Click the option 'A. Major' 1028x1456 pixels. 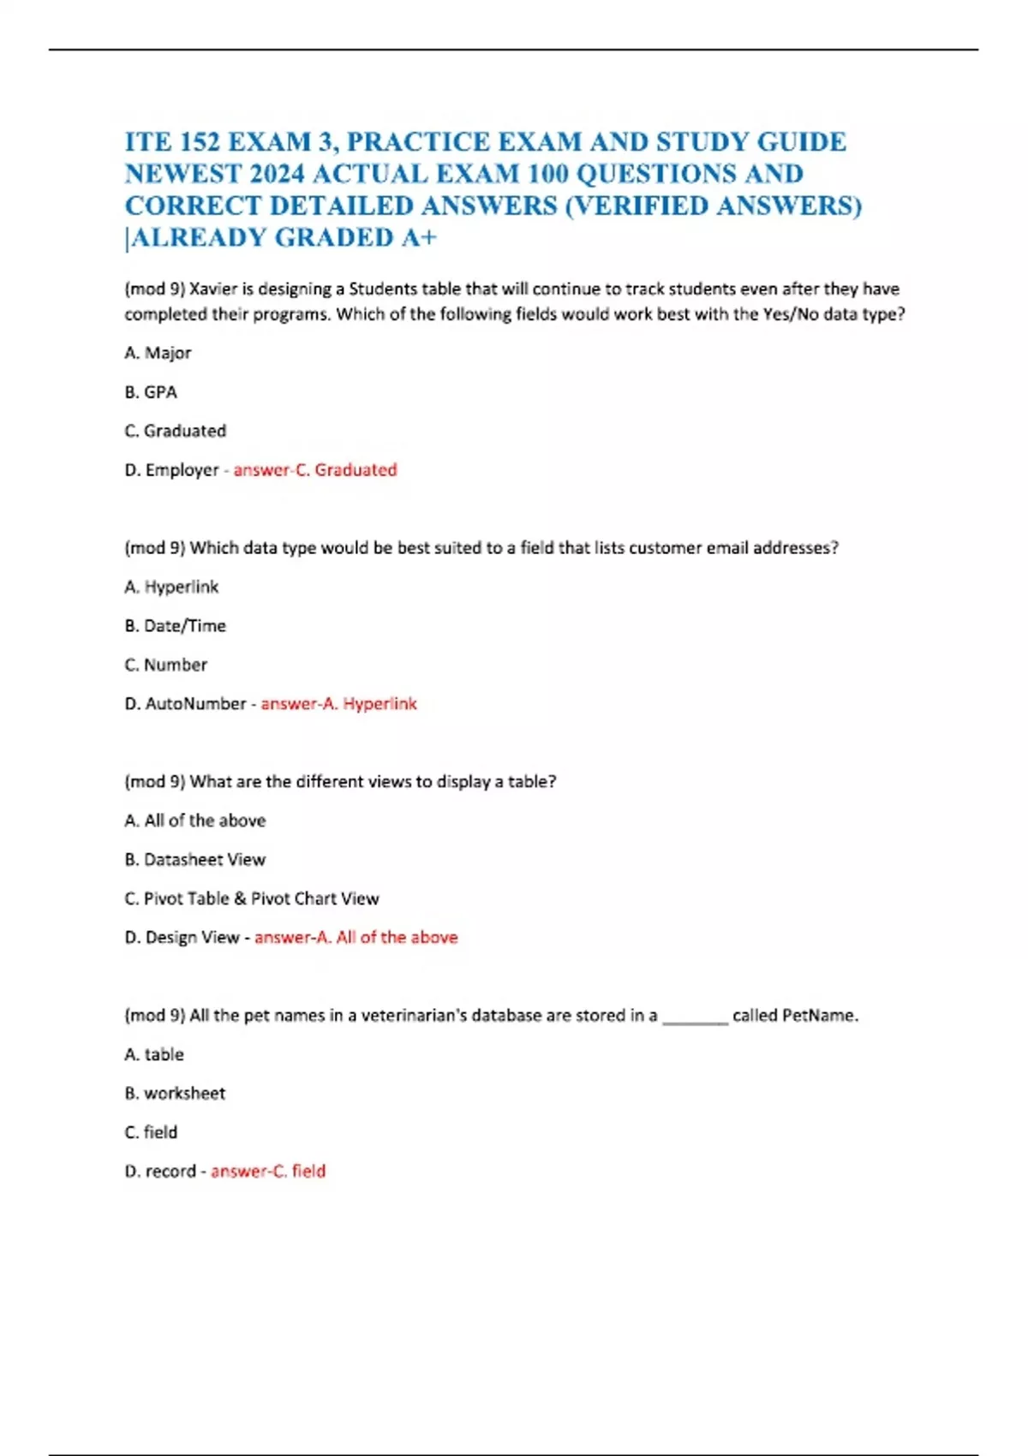pos(158,353)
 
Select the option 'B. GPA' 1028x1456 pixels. pos(151,392)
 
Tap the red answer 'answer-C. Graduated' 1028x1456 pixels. pos(315,470)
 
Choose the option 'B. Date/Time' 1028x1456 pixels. pos(175,626)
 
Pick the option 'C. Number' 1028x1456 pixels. pos(166,665)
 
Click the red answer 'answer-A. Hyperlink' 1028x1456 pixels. pos(338,704)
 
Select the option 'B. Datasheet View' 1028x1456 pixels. pos(194,860)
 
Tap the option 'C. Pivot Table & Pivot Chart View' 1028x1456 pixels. pos(251,898)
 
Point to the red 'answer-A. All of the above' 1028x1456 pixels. pos(356,938)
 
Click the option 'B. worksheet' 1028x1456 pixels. pos(175,1094)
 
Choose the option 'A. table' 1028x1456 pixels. pos(154,1054)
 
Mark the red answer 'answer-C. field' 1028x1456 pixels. pos(268,1172)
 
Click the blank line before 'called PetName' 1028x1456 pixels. pos(695,1017)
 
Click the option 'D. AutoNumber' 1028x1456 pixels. pos(185,704)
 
